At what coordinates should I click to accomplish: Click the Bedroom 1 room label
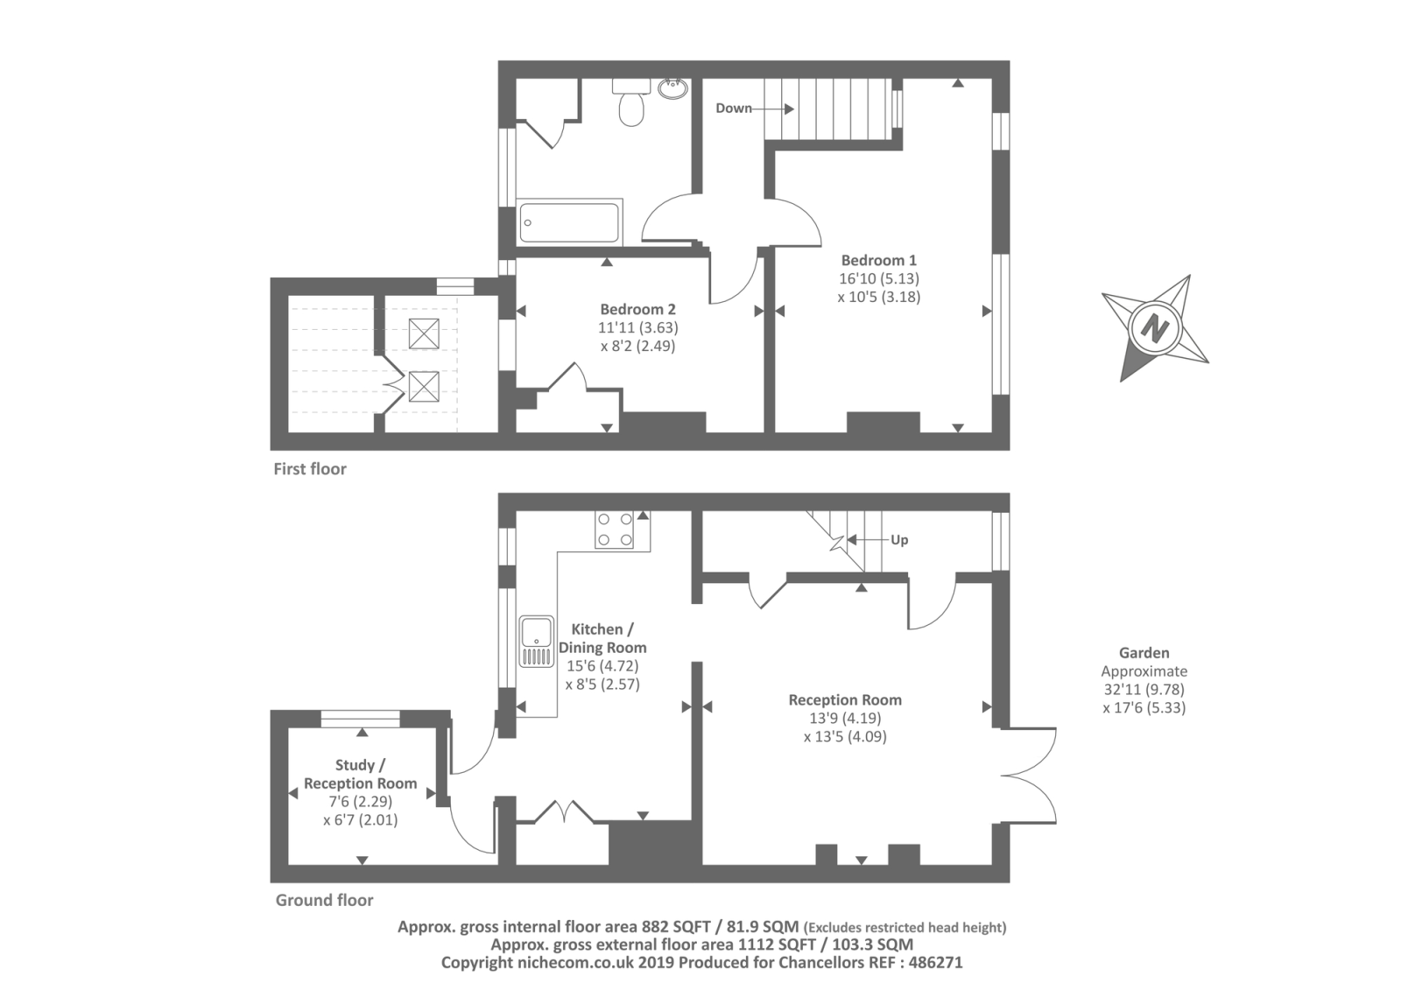(x=878, y=260)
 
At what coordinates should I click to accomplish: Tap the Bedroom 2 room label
(x=638, y=309)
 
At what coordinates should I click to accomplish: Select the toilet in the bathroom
(x=631, y=102)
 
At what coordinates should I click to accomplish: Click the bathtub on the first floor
(x=569, y=222)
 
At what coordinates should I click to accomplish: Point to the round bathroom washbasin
(x=673, y=88)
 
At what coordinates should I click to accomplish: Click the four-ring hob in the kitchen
(x=614, y=530)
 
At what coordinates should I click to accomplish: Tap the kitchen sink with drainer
(x=537, y=641)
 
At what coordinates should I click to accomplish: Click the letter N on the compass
(x=1155, y=327)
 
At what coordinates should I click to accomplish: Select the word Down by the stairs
(x=734, y=109)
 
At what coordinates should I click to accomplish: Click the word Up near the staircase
(x=899, y=540)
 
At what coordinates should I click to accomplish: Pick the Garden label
(x=1144, y=653)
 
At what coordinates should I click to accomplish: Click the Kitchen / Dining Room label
(x=602, y=638)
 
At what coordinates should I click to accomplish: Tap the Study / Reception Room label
(x=360, y=774)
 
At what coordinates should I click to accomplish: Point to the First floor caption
(x=310, y=469)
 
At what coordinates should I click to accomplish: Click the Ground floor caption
(x=324, y=900)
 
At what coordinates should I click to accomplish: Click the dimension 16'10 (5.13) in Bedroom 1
(x=879, y=278)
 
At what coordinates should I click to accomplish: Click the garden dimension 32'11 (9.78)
(x=1144, y=689)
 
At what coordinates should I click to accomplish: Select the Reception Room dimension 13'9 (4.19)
(x=845, y=718)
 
